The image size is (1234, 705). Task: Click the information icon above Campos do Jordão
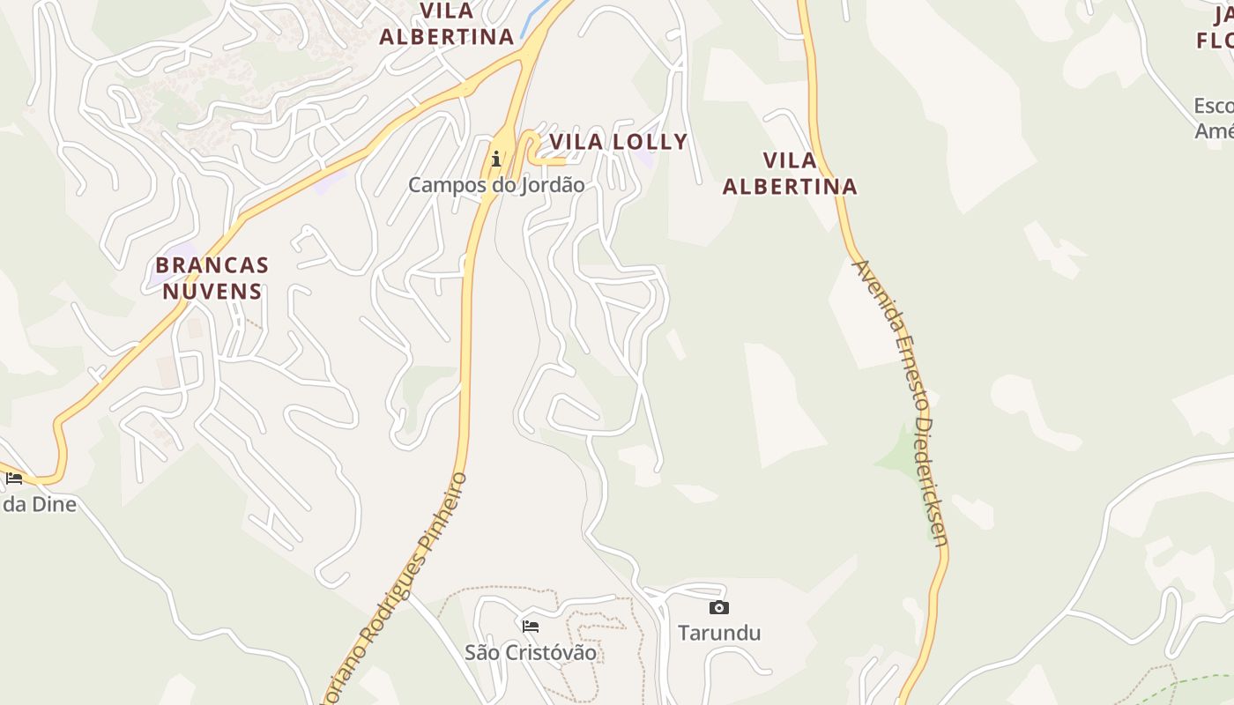point(496,160)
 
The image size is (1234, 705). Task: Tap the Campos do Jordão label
point(496,185)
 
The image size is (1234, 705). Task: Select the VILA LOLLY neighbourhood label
point(618,142)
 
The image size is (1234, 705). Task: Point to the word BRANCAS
point(212,265)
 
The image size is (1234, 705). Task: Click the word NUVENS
point(212,292)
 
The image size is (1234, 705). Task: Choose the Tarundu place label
point(719,633)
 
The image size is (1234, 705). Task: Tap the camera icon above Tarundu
point(719,607)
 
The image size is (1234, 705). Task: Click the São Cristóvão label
point(531,653)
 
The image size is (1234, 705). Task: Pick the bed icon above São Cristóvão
point(531,627)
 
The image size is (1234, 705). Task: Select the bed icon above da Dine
point(14,479)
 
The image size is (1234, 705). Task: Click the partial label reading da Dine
point(39,504)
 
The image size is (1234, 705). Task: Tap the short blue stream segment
point(537,19)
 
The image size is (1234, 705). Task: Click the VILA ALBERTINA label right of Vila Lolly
point(790,174)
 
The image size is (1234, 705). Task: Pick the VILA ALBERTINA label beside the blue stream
point(447,24)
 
